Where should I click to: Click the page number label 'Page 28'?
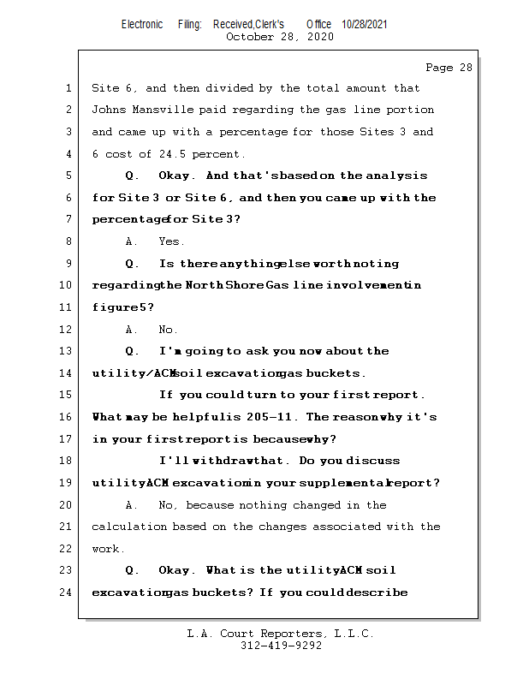(x=449, y=68)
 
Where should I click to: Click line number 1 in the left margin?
(x=68, y=88)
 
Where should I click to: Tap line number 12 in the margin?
(x=66, y=330)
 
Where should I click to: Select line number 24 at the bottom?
(x=66, y=593)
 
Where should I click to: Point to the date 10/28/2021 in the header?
(x=364, y=25)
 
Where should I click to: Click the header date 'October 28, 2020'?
(x=280, y=37)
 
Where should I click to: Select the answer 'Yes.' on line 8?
(x=172, y=242)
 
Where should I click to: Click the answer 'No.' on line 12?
(x=169, y=330)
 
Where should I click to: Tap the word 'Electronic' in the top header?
(x=142, y=25)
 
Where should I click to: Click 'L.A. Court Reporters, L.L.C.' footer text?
(x=280, y=634)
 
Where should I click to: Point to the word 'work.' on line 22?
(x=109, y=549)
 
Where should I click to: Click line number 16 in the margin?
(x=66, y=417)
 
